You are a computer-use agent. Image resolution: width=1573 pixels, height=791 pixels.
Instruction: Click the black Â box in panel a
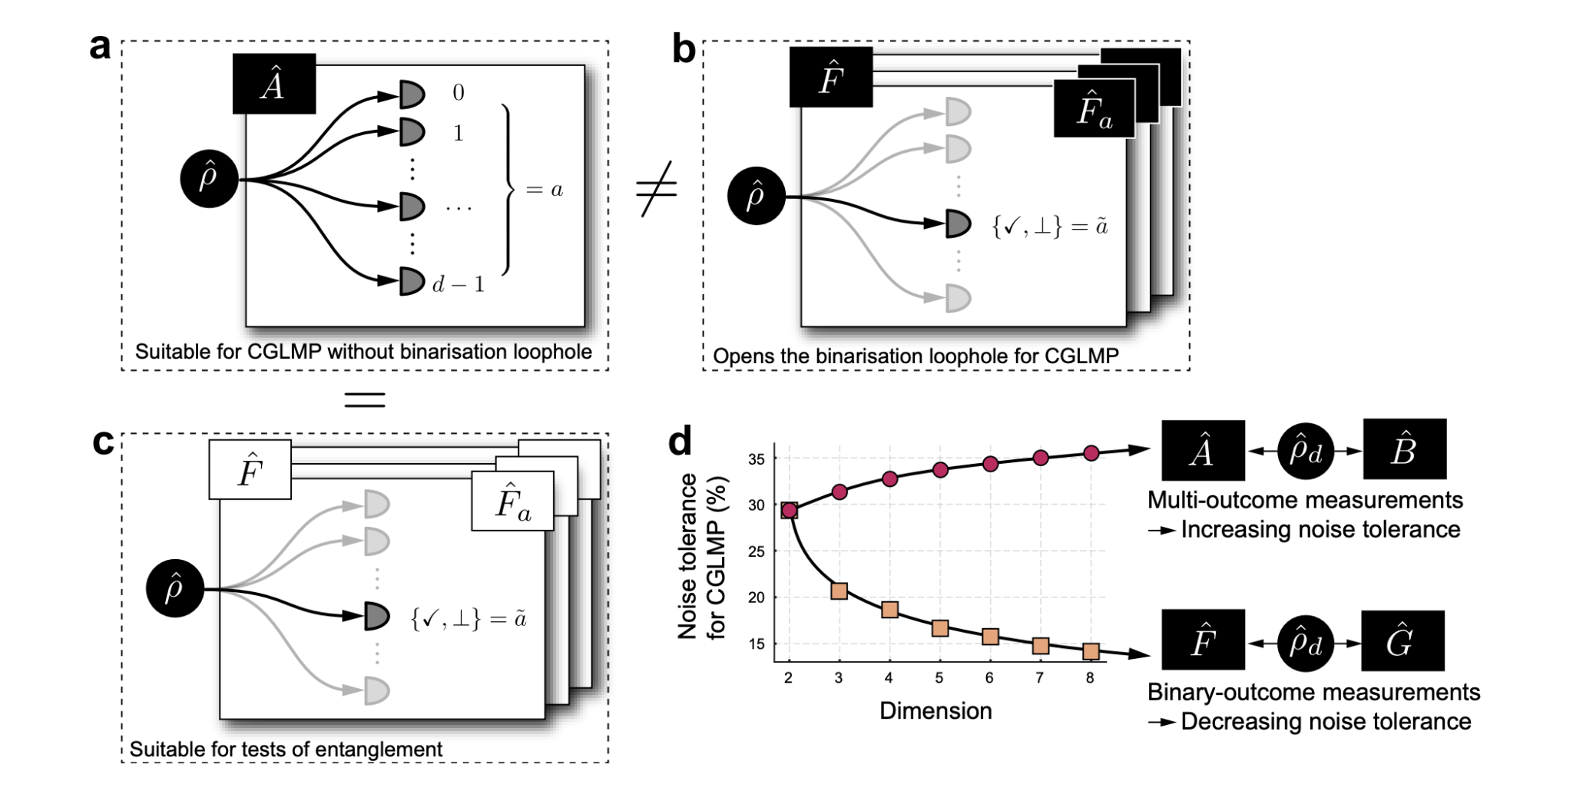pos(273,84)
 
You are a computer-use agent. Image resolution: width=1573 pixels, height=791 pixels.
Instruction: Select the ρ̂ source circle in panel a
pos(209,179)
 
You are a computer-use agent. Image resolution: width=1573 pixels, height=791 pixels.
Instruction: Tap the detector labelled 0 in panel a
pos(412,94)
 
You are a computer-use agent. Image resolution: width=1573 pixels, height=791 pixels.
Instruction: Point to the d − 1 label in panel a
pos(459,285)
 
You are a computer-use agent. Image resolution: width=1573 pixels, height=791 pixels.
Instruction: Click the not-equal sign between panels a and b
pos(657,189)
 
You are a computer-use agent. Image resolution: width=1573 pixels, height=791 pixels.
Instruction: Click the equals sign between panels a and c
pos(364,399)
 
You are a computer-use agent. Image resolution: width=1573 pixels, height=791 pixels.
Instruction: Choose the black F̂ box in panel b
pos(830,77)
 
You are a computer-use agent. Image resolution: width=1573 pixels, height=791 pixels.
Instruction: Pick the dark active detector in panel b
pos(958,223)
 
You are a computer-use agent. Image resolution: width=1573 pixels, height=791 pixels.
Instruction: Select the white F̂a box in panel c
pos(512,501)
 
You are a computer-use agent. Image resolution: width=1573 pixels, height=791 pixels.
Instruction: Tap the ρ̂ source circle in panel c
pos(175,588)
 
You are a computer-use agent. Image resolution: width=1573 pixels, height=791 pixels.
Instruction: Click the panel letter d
pos(680,442)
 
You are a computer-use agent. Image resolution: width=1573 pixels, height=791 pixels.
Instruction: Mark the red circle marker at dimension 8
pos(1091,453)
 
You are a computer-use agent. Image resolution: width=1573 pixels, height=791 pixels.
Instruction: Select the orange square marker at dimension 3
pos(839,591)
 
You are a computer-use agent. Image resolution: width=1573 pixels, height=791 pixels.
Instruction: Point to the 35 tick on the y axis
pos(756,459)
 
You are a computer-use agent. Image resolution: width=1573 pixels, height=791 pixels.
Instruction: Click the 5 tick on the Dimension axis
pos(939,678)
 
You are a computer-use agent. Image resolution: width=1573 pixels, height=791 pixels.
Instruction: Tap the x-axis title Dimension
pos(935,710)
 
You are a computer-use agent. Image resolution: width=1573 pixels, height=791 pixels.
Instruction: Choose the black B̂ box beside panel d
pos(1404,450)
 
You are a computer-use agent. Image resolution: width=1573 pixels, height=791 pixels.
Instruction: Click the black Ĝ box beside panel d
pos(1402,641)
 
